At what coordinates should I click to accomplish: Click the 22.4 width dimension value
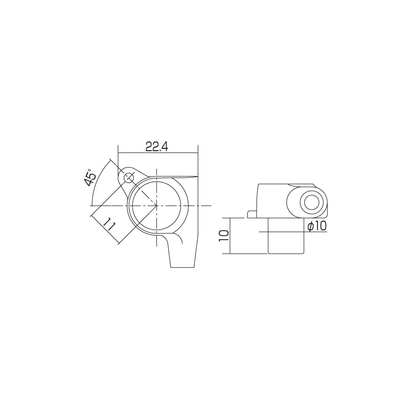pyautogui.click(x=157, y=147)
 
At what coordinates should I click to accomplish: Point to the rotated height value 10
pyautogui.click(x=224, y=236)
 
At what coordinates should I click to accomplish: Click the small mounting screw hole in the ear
pyautogui.click(x=129, y=178)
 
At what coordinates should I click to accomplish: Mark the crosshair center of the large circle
pyautogui.click(x=156, y=206)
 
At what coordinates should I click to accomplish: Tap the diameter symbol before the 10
pyautogui.click(x=310, y=226)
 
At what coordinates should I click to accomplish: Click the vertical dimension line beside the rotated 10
pyautogui.click(x=231, y=236)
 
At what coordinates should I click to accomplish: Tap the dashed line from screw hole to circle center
pyautogui.click(x=143, y=192)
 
